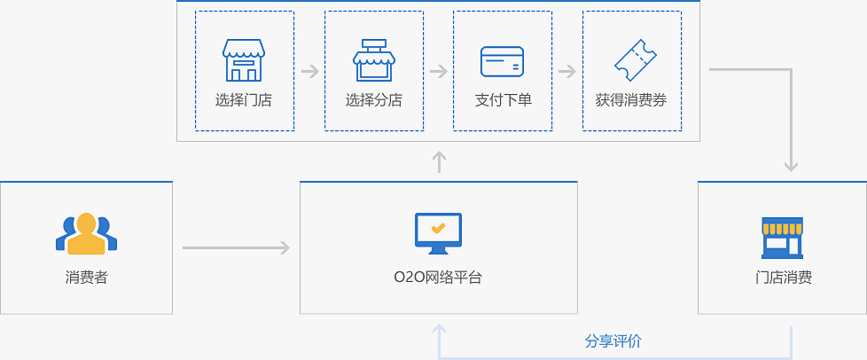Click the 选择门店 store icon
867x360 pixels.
click(x=244, y=59)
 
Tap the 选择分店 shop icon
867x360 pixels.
click(x=373, y=59)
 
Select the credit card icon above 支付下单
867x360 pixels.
click(x=502, y=61)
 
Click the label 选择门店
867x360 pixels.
click(x=244, y=100)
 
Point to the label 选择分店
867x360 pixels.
click(x=373, y=100)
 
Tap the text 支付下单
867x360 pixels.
click(x=503, y=100)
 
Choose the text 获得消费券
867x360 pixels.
click(x=631, y=100)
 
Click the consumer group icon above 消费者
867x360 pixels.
click(x=86, y=233)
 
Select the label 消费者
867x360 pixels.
click(x=86, y=278)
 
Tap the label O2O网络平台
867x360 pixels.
click(x=438, y=278)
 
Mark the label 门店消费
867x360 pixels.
click(x=783, y=278)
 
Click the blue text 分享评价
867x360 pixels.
click(x=613, y=341)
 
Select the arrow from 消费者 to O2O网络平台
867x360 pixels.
click(x=236, y=248)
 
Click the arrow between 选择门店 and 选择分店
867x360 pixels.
click(x=309, y=71)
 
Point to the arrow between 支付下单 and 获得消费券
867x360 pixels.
click(x=567, y=71)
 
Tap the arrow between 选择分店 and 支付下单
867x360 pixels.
click(x=438, y=71)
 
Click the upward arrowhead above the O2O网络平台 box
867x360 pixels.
click(x=439, y=161)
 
